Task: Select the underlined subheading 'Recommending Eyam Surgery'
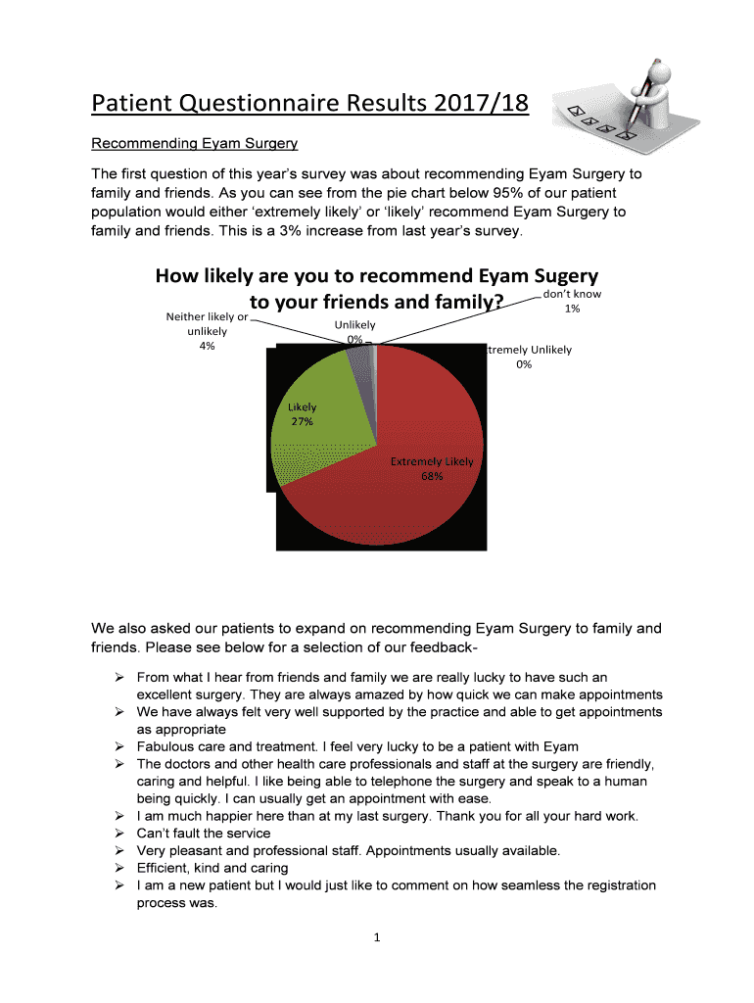pos(194,144)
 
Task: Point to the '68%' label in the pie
pos(432,476)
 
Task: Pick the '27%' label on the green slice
pos(301,422)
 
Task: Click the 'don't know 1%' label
pos(572,302)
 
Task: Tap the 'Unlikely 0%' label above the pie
pos(354,332)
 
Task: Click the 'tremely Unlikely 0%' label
pos(529,357)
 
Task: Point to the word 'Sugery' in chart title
pos(555,276)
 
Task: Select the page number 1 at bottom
pos(376,938)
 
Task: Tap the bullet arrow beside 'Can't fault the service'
pos(118,834)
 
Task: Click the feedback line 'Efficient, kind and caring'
pos(212,868)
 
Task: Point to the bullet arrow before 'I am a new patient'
pos(118,885)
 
